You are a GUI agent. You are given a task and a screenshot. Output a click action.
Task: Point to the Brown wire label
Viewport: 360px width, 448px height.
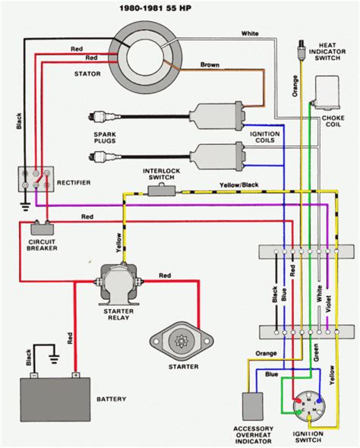point(210,65)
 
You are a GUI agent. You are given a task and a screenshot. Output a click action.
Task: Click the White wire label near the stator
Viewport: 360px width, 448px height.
point(251,33)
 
